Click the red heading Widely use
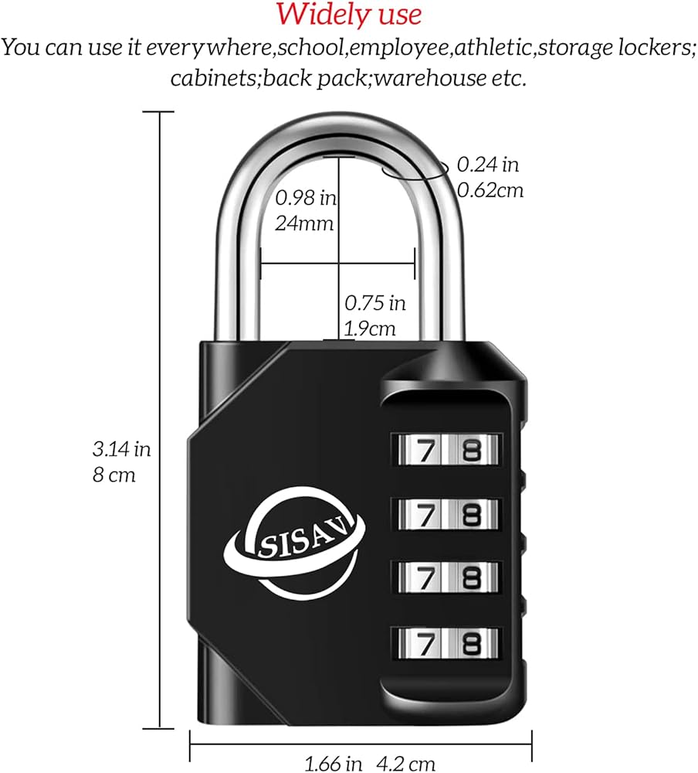pos(349,14)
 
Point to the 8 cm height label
pos(114,474)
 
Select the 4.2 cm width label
pos(407,764)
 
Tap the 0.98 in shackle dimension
pos(307,198)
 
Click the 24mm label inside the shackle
pos(304,224)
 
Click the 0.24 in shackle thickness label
pos(488,164)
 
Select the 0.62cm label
pos(490,189)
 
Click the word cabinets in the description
pos(215,78)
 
